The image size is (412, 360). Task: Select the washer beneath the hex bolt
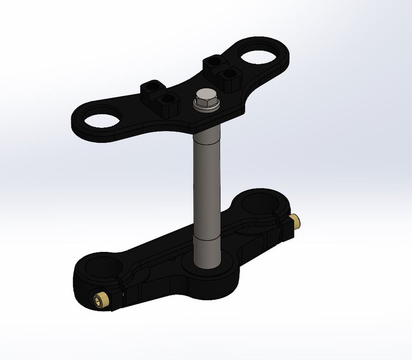[x=206, y=107]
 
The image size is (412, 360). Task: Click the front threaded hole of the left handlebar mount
[x=166, y=100]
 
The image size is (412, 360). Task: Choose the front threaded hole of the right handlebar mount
[x=228, y=74]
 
